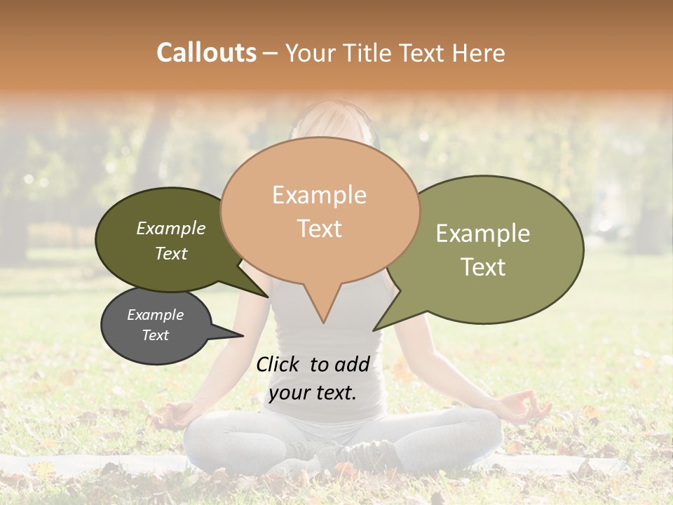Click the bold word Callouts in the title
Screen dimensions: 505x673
[x=206, y=53]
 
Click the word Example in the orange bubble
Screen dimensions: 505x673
[x=319, y=195]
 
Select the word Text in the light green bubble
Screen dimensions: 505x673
[x=483, y=267]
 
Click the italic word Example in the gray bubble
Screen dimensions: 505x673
[x=155, y=315]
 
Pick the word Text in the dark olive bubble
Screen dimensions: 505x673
[x=171, y=253]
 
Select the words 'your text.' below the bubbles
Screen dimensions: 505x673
[x=312, y=392]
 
